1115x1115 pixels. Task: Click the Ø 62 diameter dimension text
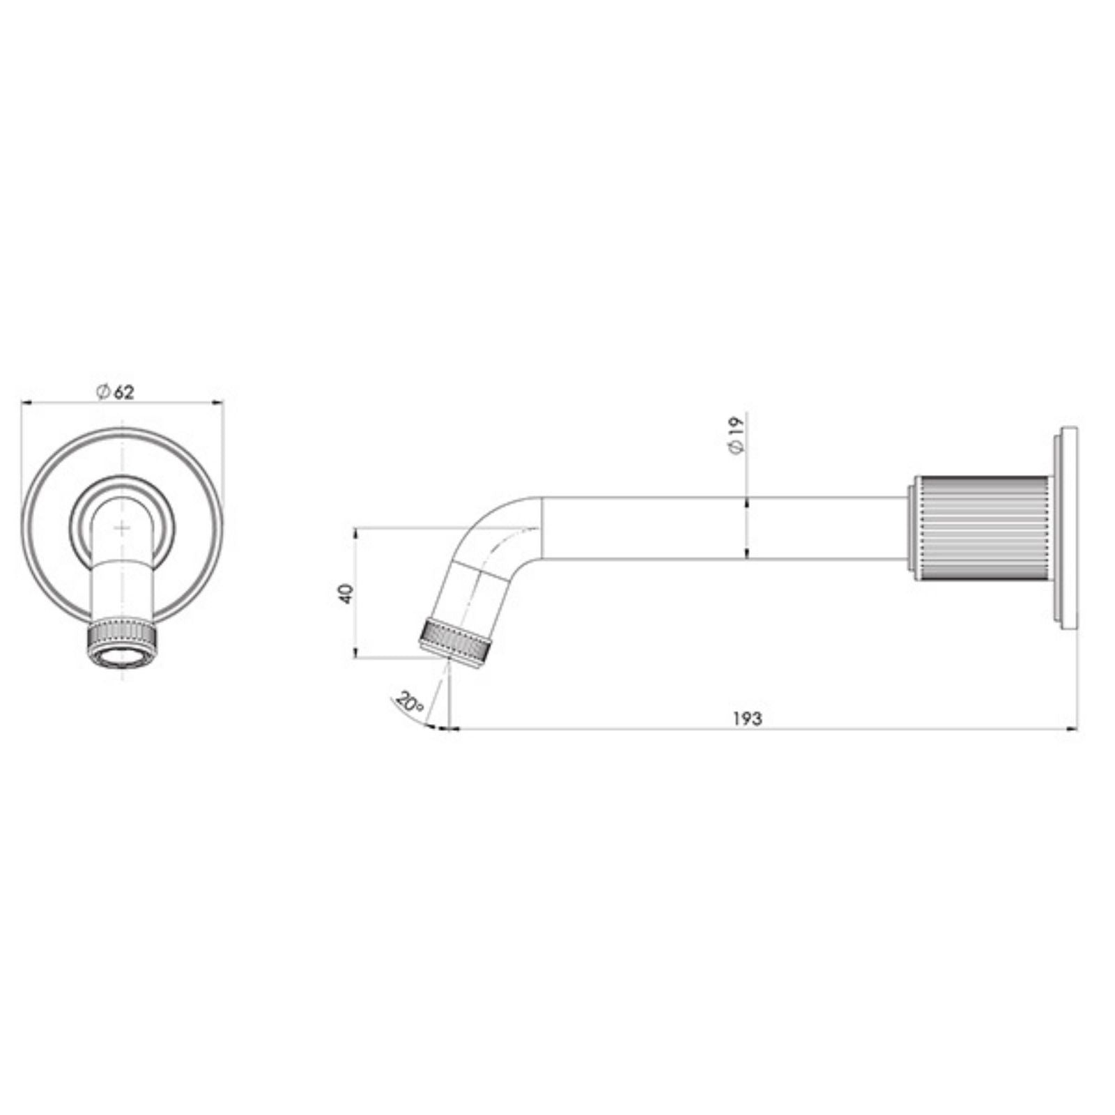coord(116,392)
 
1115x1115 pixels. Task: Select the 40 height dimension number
coord(346,594)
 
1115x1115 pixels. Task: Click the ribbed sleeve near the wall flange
coord(980,528)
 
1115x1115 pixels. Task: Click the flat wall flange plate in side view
coord(1068,528)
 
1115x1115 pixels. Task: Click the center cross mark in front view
coord(122,528)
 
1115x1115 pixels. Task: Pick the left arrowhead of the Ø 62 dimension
coord(26,401)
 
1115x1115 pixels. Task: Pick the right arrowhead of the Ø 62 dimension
coord(217,401)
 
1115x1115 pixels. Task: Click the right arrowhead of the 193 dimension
coord(1072,729)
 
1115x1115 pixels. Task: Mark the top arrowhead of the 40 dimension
coord(355,533)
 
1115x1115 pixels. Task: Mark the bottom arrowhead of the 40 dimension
coord(355,653)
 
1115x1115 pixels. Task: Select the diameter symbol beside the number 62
coord(102,392)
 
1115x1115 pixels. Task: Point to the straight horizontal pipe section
coord(718,528)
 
